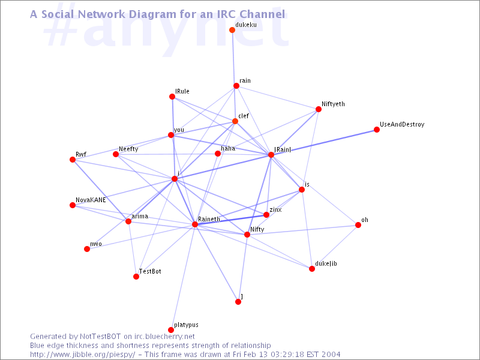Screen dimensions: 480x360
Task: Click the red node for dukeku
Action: click(232, 30)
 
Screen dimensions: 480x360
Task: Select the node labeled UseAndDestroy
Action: click(377, 130)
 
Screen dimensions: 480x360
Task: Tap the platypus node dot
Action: click(171, 330)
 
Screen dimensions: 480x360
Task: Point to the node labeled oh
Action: click(358, 226)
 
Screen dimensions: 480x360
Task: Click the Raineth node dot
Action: click(194, 224)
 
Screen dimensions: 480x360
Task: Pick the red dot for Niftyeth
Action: click(319, 109)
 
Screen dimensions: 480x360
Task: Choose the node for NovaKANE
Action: click(73, 205)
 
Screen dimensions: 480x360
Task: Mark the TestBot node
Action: click(136, 277)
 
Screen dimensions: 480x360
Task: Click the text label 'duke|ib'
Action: click(326, 263)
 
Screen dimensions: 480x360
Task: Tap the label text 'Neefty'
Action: click(128, 149)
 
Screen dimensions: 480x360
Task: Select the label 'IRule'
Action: click(182, 91)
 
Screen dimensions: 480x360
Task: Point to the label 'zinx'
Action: click(275, 209)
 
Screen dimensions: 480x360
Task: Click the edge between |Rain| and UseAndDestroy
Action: click(324, 142)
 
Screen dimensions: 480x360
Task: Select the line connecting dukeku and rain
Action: click(234, 58)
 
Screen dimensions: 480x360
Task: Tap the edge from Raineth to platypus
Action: click(183, 277)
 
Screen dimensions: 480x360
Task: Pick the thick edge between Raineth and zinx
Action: click(230, 220)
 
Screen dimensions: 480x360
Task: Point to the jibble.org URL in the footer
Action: click(83, 355)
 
